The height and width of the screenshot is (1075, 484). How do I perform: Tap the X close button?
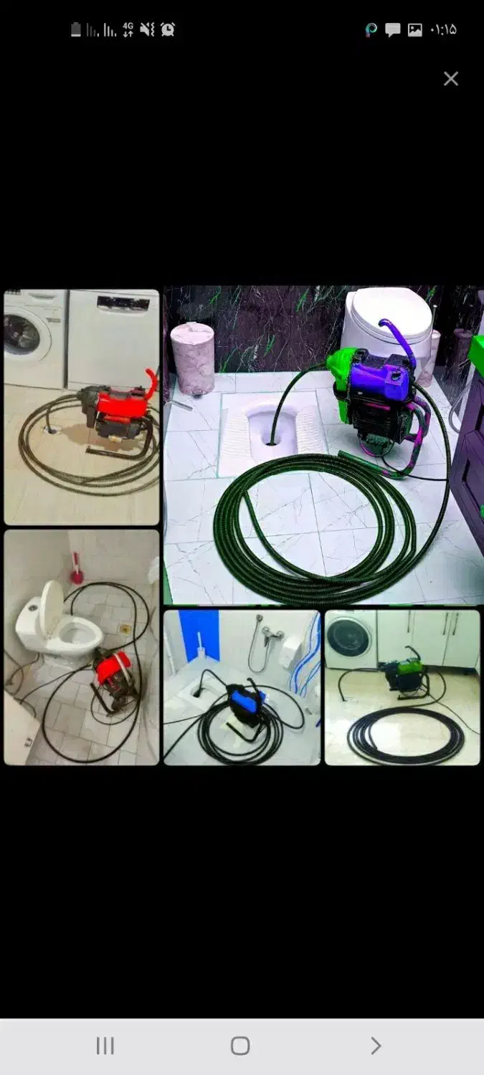pyautogui.click(x=451, y=79)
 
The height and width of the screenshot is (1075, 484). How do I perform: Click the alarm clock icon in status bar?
pyautogui.click(x=168, y=30)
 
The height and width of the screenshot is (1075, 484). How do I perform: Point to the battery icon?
pyautogui.click(x=76, y=30)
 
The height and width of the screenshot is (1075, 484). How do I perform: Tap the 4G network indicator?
pyautogui.click(x=128, y=30)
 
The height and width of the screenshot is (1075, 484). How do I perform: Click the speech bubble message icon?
pyautogui.click(x=392, y=30)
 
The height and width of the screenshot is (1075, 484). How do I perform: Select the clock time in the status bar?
pyautogui.click(x=443, y=30)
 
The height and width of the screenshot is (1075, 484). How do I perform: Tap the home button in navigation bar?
pyautogui.click(x=240, y=1045)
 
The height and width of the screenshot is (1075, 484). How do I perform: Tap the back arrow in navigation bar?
pyautogui.click(x=376, y=1045)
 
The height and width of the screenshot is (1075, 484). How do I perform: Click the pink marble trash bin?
pyautogui.click(x=192, y=358)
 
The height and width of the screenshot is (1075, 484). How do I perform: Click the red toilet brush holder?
pyautogui.click(x=76, y=569)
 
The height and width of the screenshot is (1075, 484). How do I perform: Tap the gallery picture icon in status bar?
pyautogui.click(x=415, y=30)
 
